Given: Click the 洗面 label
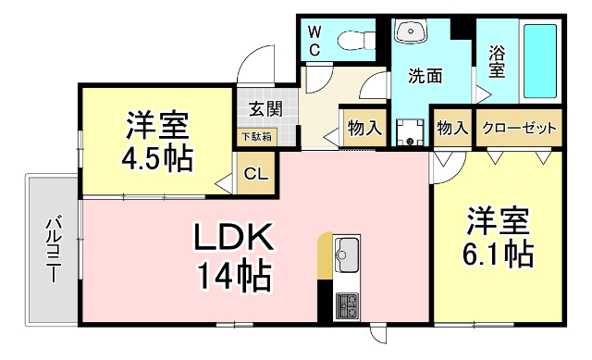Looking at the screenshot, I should (x=425, y=77).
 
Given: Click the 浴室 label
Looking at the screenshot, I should (x=497, y=62).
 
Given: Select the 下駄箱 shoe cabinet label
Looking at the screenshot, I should (x=256, y=137).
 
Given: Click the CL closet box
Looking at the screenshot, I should (x=256, y=173).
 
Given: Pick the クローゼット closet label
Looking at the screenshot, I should (x=520, y=128).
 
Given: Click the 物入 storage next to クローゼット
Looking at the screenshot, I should (x=451, y=128).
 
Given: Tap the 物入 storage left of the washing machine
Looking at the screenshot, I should (x=364, y=128).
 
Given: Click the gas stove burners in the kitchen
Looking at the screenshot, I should (x=348, y=304).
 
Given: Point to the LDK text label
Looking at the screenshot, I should (x=233, y=240).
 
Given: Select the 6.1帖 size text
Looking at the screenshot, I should (x=499, y=253).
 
